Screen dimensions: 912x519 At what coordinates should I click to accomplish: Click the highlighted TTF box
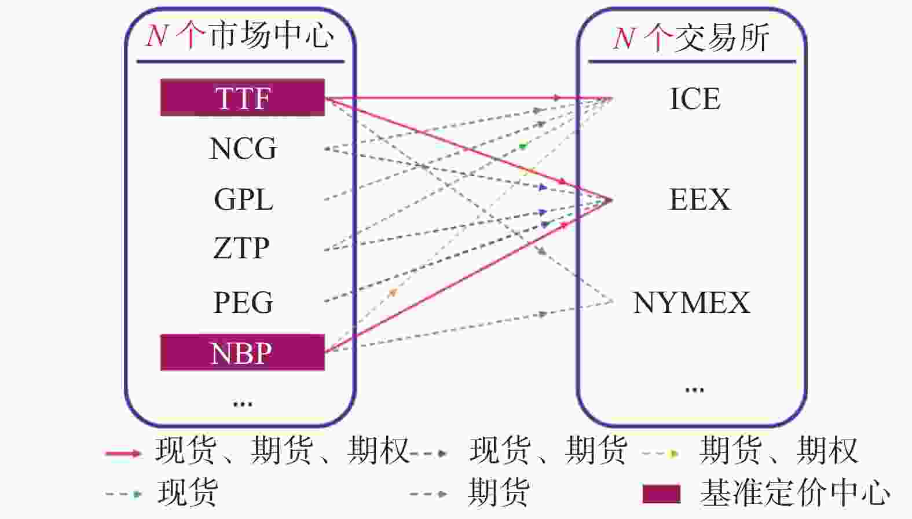point(243,97)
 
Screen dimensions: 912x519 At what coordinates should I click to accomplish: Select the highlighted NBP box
point(243,352)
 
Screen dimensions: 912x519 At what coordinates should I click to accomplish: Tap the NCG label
point(243,148)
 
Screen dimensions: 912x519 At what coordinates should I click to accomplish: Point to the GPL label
point(243,199)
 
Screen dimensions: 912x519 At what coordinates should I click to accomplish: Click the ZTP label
point(241,248)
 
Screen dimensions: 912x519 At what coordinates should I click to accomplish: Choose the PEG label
point(243,302)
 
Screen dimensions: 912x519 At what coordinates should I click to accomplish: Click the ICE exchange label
point(695,98)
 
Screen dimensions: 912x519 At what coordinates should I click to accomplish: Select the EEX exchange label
point(700,199)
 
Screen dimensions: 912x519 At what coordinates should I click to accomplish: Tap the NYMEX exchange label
point(691,302)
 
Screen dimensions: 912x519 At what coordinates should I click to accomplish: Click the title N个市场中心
point(240,35)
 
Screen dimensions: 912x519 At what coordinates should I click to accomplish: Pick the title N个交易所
point(691,38)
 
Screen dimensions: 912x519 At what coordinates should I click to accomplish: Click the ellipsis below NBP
point(243,404)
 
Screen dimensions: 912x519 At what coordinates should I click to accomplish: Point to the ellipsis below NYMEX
point(695,390)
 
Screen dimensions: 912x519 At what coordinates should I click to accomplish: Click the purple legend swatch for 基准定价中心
point(662,494)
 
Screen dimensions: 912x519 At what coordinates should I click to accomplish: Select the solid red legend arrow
point(123,453)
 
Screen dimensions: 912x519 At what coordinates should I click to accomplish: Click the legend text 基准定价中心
point(794,492)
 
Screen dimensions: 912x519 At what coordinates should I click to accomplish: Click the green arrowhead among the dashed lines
point(523,145)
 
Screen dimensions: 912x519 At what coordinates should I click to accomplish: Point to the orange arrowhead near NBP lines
point(393,292)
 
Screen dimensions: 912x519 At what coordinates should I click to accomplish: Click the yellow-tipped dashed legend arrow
point(660,453)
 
